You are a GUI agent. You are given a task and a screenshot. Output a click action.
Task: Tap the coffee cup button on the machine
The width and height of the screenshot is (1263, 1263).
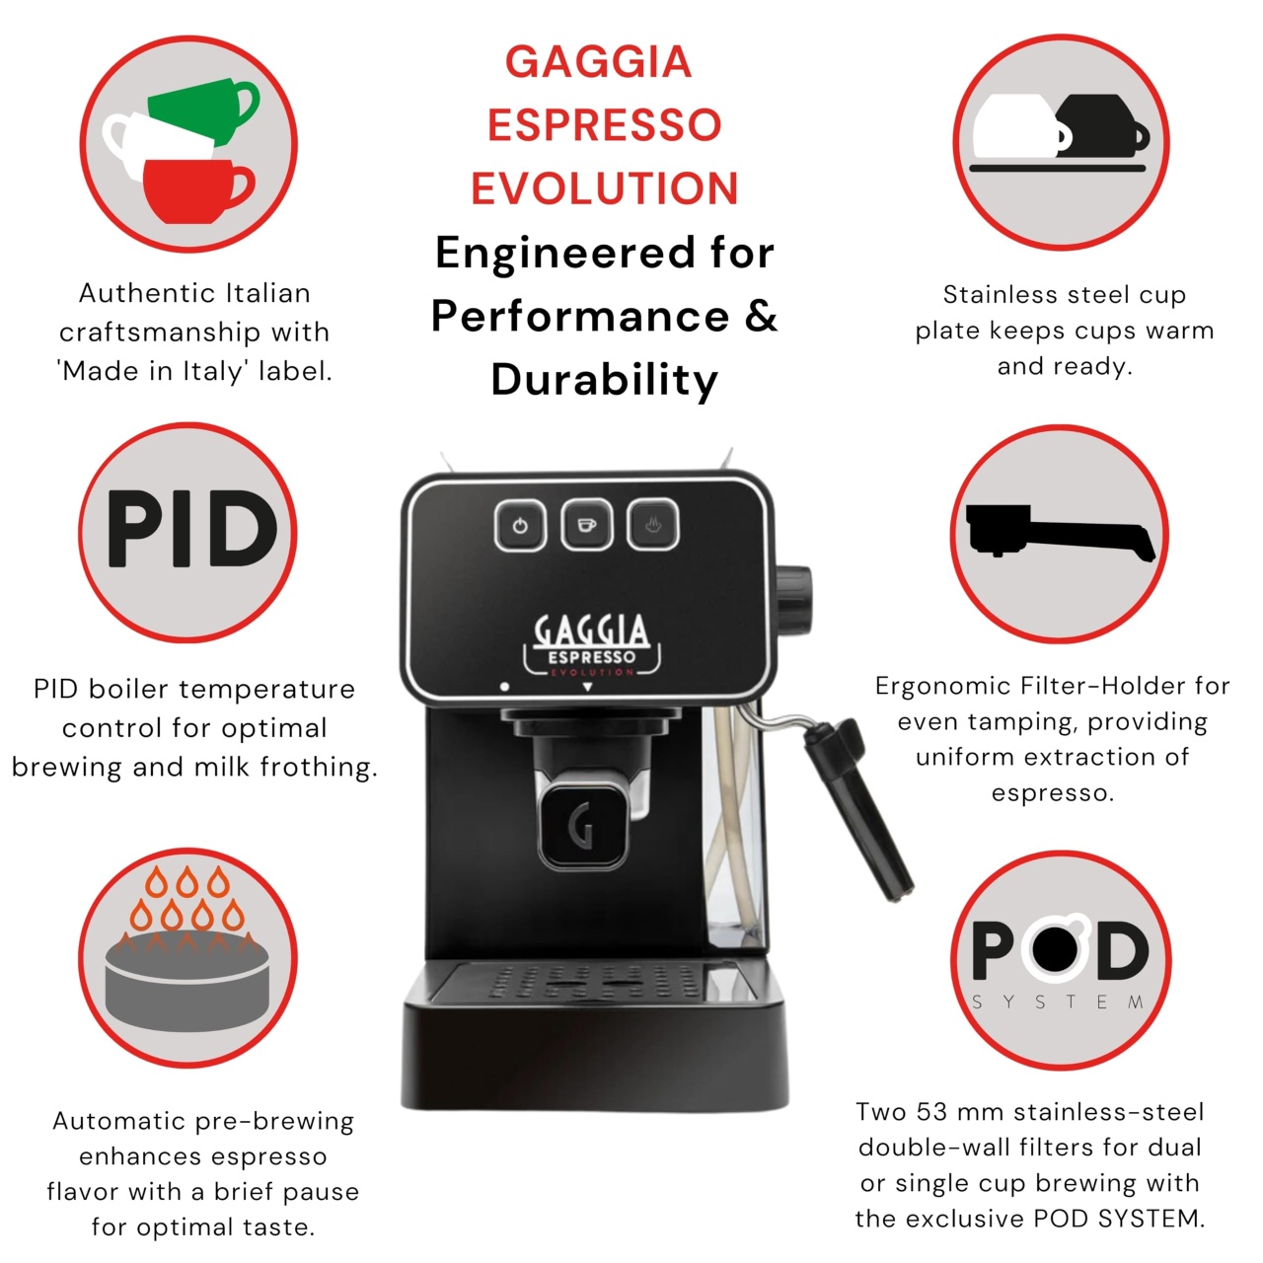[586, 525]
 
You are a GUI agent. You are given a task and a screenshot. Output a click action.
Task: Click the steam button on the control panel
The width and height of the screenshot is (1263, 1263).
[653, 525]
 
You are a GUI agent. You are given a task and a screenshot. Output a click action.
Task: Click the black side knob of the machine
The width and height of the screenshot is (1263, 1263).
[793, 600]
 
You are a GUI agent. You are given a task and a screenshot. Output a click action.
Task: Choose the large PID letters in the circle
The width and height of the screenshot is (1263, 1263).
[192, 528]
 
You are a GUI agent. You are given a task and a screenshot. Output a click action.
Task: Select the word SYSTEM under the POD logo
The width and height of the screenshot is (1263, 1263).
[1058, 1003]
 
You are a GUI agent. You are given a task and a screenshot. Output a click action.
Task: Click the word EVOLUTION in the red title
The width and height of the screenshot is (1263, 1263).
[604, 188]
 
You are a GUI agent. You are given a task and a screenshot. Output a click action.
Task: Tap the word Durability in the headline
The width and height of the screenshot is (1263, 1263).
[604, 381]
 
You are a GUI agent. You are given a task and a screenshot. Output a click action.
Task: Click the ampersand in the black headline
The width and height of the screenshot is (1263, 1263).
[761, 316]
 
